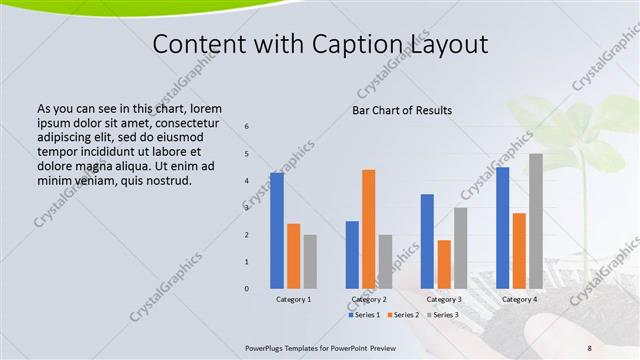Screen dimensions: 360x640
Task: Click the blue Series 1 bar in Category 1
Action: coord(276,230)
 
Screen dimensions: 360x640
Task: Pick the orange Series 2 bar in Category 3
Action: coord(444,264)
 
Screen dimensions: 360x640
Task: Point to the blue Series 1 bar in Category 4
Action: coord(502,227)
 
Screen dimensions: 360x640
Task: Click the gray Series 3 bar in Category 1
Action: coord(310,261)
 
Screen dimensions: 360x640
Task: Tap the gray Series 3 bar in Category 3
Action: coord(461,247)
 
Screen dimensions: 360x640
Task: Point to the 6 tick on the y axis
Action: coord(247,127)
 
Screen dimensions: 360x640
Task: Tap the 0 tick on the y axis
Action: coord(247,289)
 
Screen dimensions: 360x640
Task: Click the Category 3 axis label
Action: coord(444,299)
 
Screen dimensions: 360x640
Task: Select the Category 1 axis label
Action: coord(293,299)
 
